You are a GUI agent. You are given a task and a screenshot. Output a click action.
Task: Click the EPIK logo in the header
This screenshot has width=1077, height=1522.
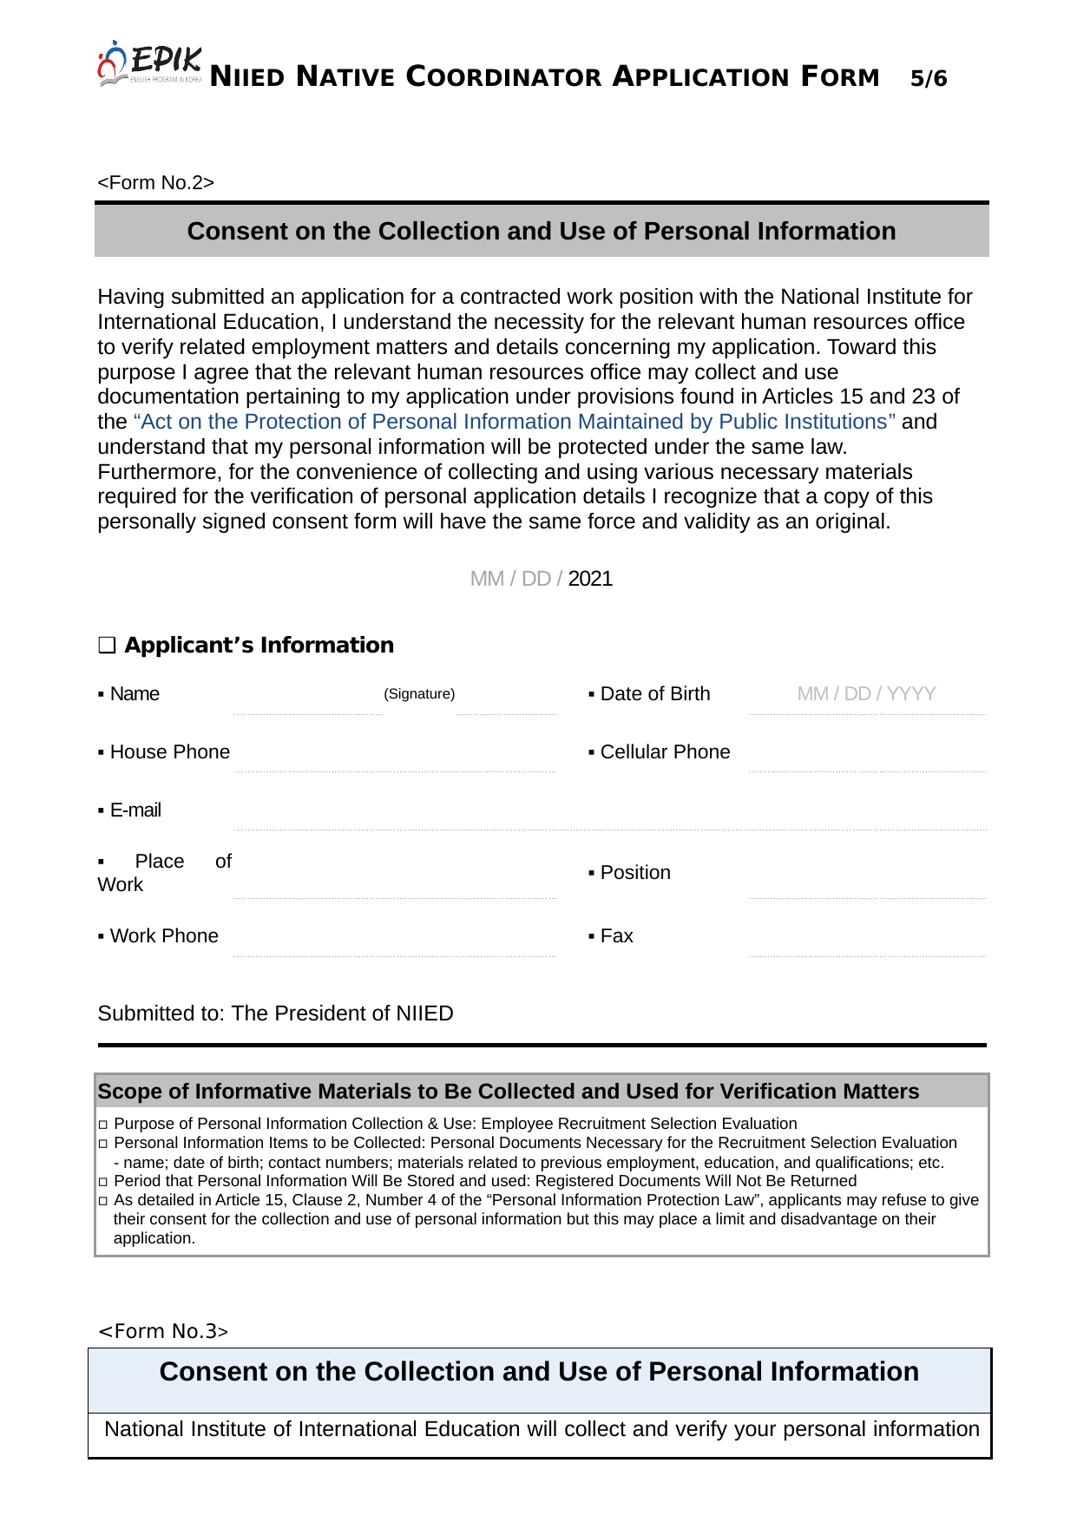(x=150, y=64)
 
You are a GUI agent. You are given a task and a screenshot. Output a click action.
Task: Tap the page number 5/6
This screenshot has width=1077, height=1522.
(x=928, y=79)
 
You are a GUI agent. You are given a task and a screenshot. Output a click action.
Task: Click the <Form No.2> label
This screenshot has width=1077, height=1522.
(x=155, y=182)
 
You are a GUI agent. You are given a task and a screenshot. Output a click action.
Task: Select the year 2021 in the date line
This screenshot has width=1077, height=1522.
(x=590, y=579)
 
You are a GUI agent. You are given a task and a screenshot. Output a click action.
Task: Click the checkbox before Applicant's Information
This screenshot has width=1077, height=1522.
(x=107, y=646)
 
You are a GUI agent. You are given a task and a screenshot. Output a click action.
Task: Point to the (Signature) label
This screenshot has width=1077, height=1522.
(x=419, y=694)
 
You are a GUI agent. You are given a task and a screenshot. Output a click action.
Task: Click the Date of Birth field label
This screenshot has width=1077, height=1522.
(x=654, y=694)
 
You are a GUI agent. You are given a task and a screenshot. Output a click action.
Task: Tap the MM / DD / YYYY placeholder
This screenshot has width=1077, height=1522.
(x=866, y=694)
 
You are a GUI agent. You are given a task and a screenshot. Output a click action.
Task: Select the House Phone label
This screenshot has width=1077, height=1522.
(x=169, y=752)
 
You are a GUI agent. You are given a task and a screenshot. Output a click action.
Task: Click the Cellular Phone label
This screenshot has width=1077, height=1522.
(x=665, y=752)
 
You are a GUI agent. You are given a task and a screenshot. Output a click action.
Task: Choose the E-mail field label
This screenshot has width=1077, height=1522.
(x=135, y=810)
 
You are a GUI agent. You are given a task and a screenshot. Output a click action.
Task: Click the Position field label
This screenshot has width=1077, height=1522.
(x=634, y=873)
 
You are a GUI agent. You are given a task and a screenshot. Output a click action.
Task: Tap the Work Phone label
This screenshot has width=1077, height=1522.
(x=164, y=936)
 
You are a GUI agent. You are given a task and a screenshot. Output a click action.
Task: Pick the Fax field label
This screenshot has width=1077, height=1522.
(x=616, y=936)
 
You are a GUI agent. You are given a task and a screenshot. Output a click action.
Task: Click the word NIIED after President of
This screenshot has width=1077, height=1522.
(x=424, y=1014)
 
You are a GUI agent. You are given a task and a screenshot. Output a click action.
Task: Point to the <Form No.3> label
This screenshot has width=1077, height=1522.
(x=163, y=1331)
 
